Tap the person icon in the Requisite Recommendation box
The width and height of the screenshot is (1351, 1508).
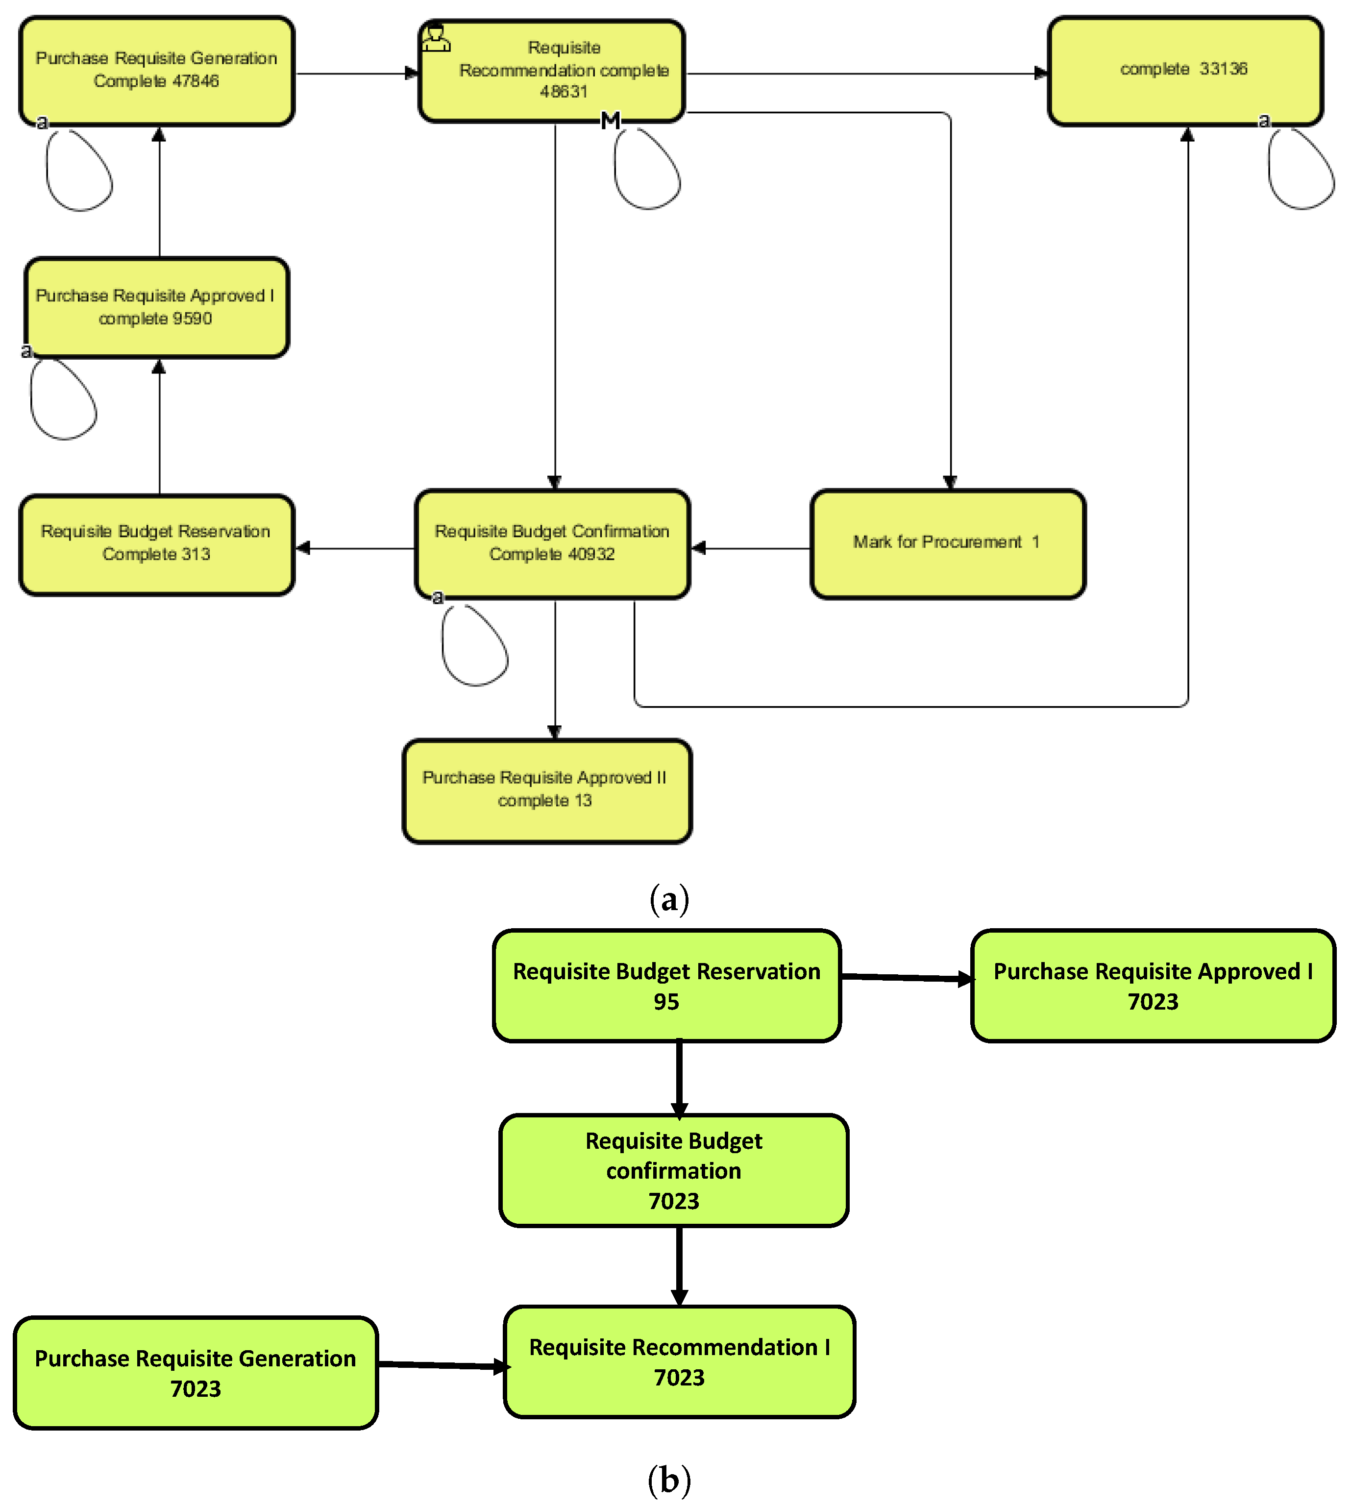click(436, 38)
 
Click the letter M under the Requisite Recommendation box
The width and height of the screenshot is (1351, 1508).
click(610, 120)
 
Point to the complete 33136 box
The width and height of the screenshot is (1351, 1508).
click(1185, 71)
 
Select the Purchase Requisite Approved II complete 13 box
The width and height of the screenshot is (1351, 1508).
click(547, 791)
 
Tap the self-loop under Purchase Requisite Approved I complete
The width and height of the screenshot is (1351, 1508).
click(63, 399)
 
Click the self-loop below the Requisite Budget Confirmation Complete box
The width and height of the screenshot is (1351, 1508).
click(474, 645)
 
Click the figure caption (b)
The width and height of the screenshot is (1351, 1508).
click(669, 1479)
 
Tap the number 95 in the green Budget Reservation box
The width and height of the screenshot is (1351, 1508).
click(666, 1002)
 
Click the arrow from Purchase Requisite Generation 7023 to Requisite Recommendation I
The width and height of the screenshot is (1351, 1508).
click(442, 1365)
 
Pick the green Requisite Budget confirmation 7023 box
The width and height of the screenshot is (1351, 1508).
click(673, 1170)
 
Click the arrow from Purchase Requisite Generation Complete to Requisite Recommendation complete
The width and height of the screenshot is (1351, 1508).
click(356, 74)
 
